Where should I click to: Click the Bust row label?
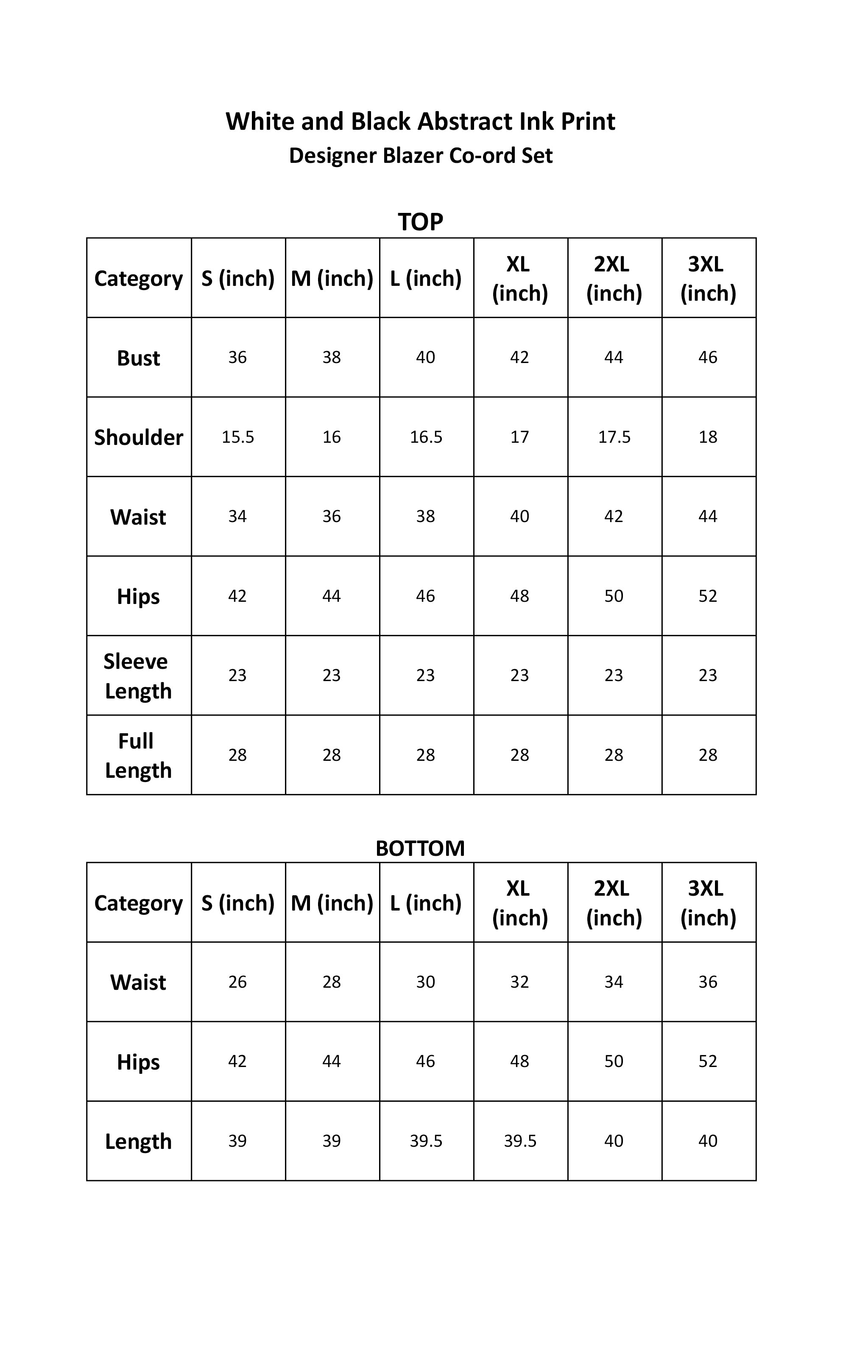click(138, 358)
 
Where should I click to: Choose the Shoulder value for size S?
click(237, 437)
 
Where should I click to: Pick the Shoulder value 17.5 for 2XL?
click(614, 437)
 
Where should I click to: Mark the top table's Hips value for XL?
click(519, 596)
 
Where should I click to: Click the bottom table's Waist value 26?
click(237, 982)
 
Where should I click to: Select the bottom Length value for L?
click(426, 1141)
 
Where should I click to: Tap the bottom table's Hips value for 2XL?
click(614, 1061)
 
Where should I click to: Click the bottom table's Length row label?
click(138, 1141)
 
